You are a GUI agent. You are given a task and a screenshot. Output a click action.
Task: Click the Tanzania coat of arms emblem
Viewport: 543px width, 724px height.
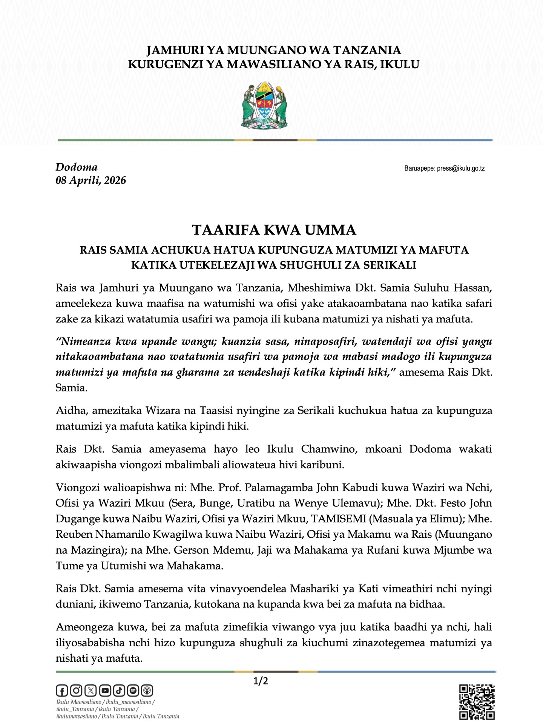264,107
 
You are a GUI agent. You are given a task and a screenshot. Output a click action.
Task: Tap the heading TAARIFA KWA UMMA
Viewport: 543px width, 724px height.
274,230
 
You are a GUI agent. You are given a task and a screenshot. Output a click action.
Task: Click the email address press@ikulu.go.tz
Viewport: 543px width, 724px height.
461,169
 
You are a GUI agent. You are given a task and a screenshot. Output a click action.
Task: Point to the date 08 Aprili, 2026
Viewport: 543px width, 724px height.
91,181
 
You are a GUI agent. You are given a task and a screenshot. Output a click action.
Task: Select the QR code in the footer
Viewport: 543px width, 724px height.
477,702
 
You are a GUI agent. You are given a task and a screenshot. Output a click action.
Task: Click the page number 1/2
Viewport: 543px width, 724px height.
261,681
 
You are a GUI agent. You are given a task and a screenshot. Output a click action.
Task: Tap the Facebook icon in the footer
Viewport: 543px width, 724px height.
61,690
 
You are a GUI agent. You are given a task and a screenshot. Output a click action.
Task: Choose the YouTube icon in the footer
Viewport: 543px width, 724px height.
105,690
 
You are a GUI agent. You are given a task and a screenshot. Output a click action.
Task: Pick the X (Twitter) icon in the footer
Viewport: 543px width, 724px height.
90,690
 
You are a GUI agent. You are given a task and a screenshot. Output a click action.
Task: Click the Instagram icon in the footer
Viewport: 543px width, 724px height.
76,690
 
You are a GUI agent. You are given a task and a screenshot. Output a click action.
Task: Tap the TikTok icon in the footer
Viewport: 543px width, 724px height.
119,690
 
